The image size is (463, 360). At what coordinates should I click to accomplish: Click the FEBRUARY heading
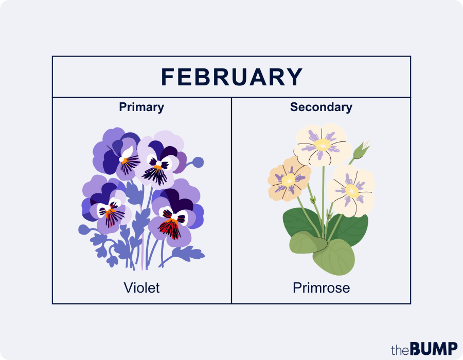pyautogui.click(x=232, y=77)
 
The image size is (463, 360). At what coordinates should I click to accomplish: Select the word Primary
pyautogui.click(x=141, y=107)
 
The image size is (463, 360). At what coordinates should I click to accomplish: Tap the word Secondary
pyautogui.click(x=321, y=107)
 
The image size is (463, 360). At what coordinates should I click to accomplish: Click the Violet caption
pyautogui.click(x=141, y=287)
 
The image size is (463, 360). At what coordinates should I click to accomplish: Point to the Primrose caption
pyautogui.click(x=321, y=287)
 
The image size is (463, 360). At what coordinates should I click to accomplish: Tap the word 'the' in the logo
pyautogui.click(x=400, y=350)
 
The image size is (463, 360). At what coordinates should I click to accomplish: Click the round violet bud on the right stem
pyautogui.click(x=198, y=163)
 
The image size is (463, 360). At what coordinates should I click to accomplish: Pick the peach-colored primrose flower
pyautogui.click(x=289, y=179)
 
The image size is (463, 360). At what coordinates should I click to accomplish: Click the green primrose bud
pyautogui.click(x=360, y=150)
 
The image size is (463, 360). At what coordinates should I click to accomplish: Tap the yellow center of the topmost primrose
pyautogui.click(x=323, y=144)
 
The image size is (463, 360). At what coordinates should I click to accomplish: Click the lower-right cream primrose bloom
pyautogui.click(x=351, y=190)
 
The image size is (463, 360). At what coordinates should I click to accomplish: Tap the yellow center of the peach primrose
pyautogui.click(x=289, y=179)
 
